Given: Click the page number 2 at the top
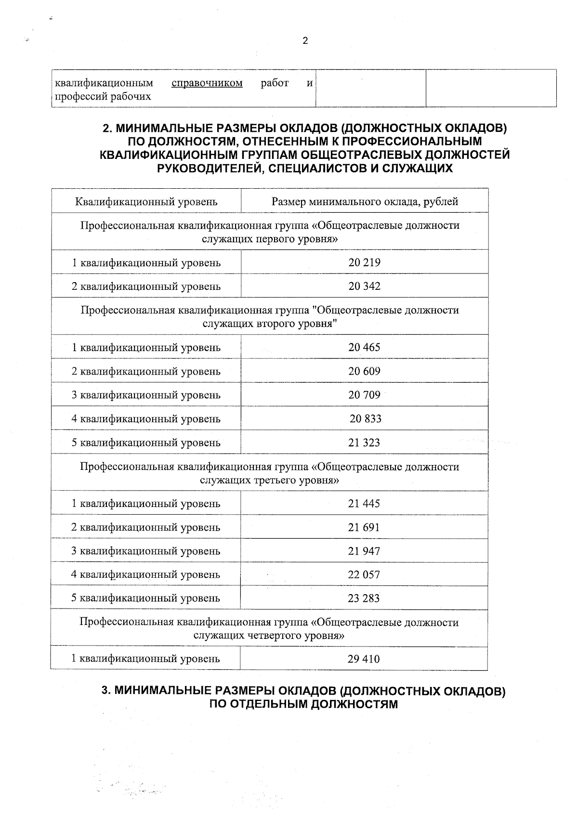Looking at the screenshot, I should point(305,41).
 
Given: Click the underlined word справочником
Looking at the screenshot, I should point(207,83).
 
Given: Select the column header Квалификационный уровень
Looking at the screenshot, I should point(146,202).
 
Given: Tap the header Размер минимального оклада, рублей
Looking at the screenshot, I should point(364,202).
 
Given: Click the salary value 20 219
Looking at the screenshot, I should point(364,263).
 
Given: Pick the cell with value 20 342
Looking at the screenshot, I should point(364,286).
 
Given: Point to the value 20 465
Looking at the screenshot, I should point(364,348).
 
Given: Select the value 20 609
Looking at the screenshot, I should point(364,371).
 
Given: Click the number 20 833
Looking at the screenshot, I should point(365,419).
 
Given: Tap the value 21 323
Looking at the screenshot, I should point(364,442).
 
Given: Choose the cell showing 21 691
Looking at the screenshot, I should point(364,528).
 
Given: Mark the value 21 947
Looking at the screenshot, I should point(364,551).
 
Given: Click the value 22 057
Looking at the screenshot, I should point(364,575).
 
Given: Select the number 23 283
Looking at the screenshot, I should point(364,598).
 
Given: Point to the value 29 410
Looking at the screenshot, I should point(364,659).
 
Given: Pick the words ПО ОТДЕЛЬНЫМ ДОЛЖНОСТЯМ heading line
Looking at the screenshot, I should point(303,704).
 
